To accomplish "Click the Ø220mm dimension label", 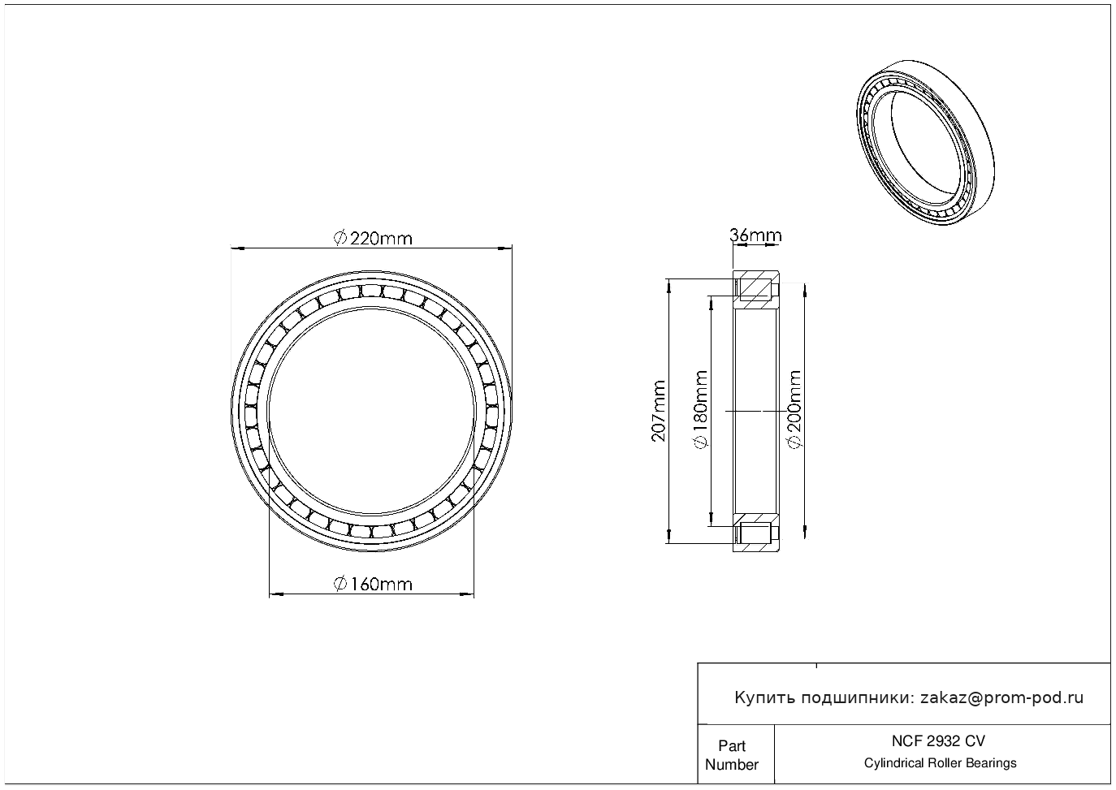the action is (x=373, y=239).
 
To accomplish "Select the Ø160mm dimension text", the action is (x=373, y=584).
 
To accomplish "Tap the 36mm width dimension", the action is (x=755, y=235).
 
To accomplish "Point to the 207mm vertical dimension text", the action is (x=659, y=411).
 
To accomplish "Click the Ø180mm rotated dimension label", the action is (x=701, y=409).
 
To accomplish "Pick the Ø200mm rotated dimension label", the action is (x=794, y=409).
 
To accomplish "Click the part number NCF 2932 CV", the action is (x=938, y=741).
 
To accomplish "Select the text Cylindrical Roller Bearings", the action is (x=940, y=762).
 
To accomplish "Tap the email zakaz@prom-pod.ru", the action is (x=1002, y=698).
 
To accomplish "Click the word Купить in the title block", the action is (x=764, y=698).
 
